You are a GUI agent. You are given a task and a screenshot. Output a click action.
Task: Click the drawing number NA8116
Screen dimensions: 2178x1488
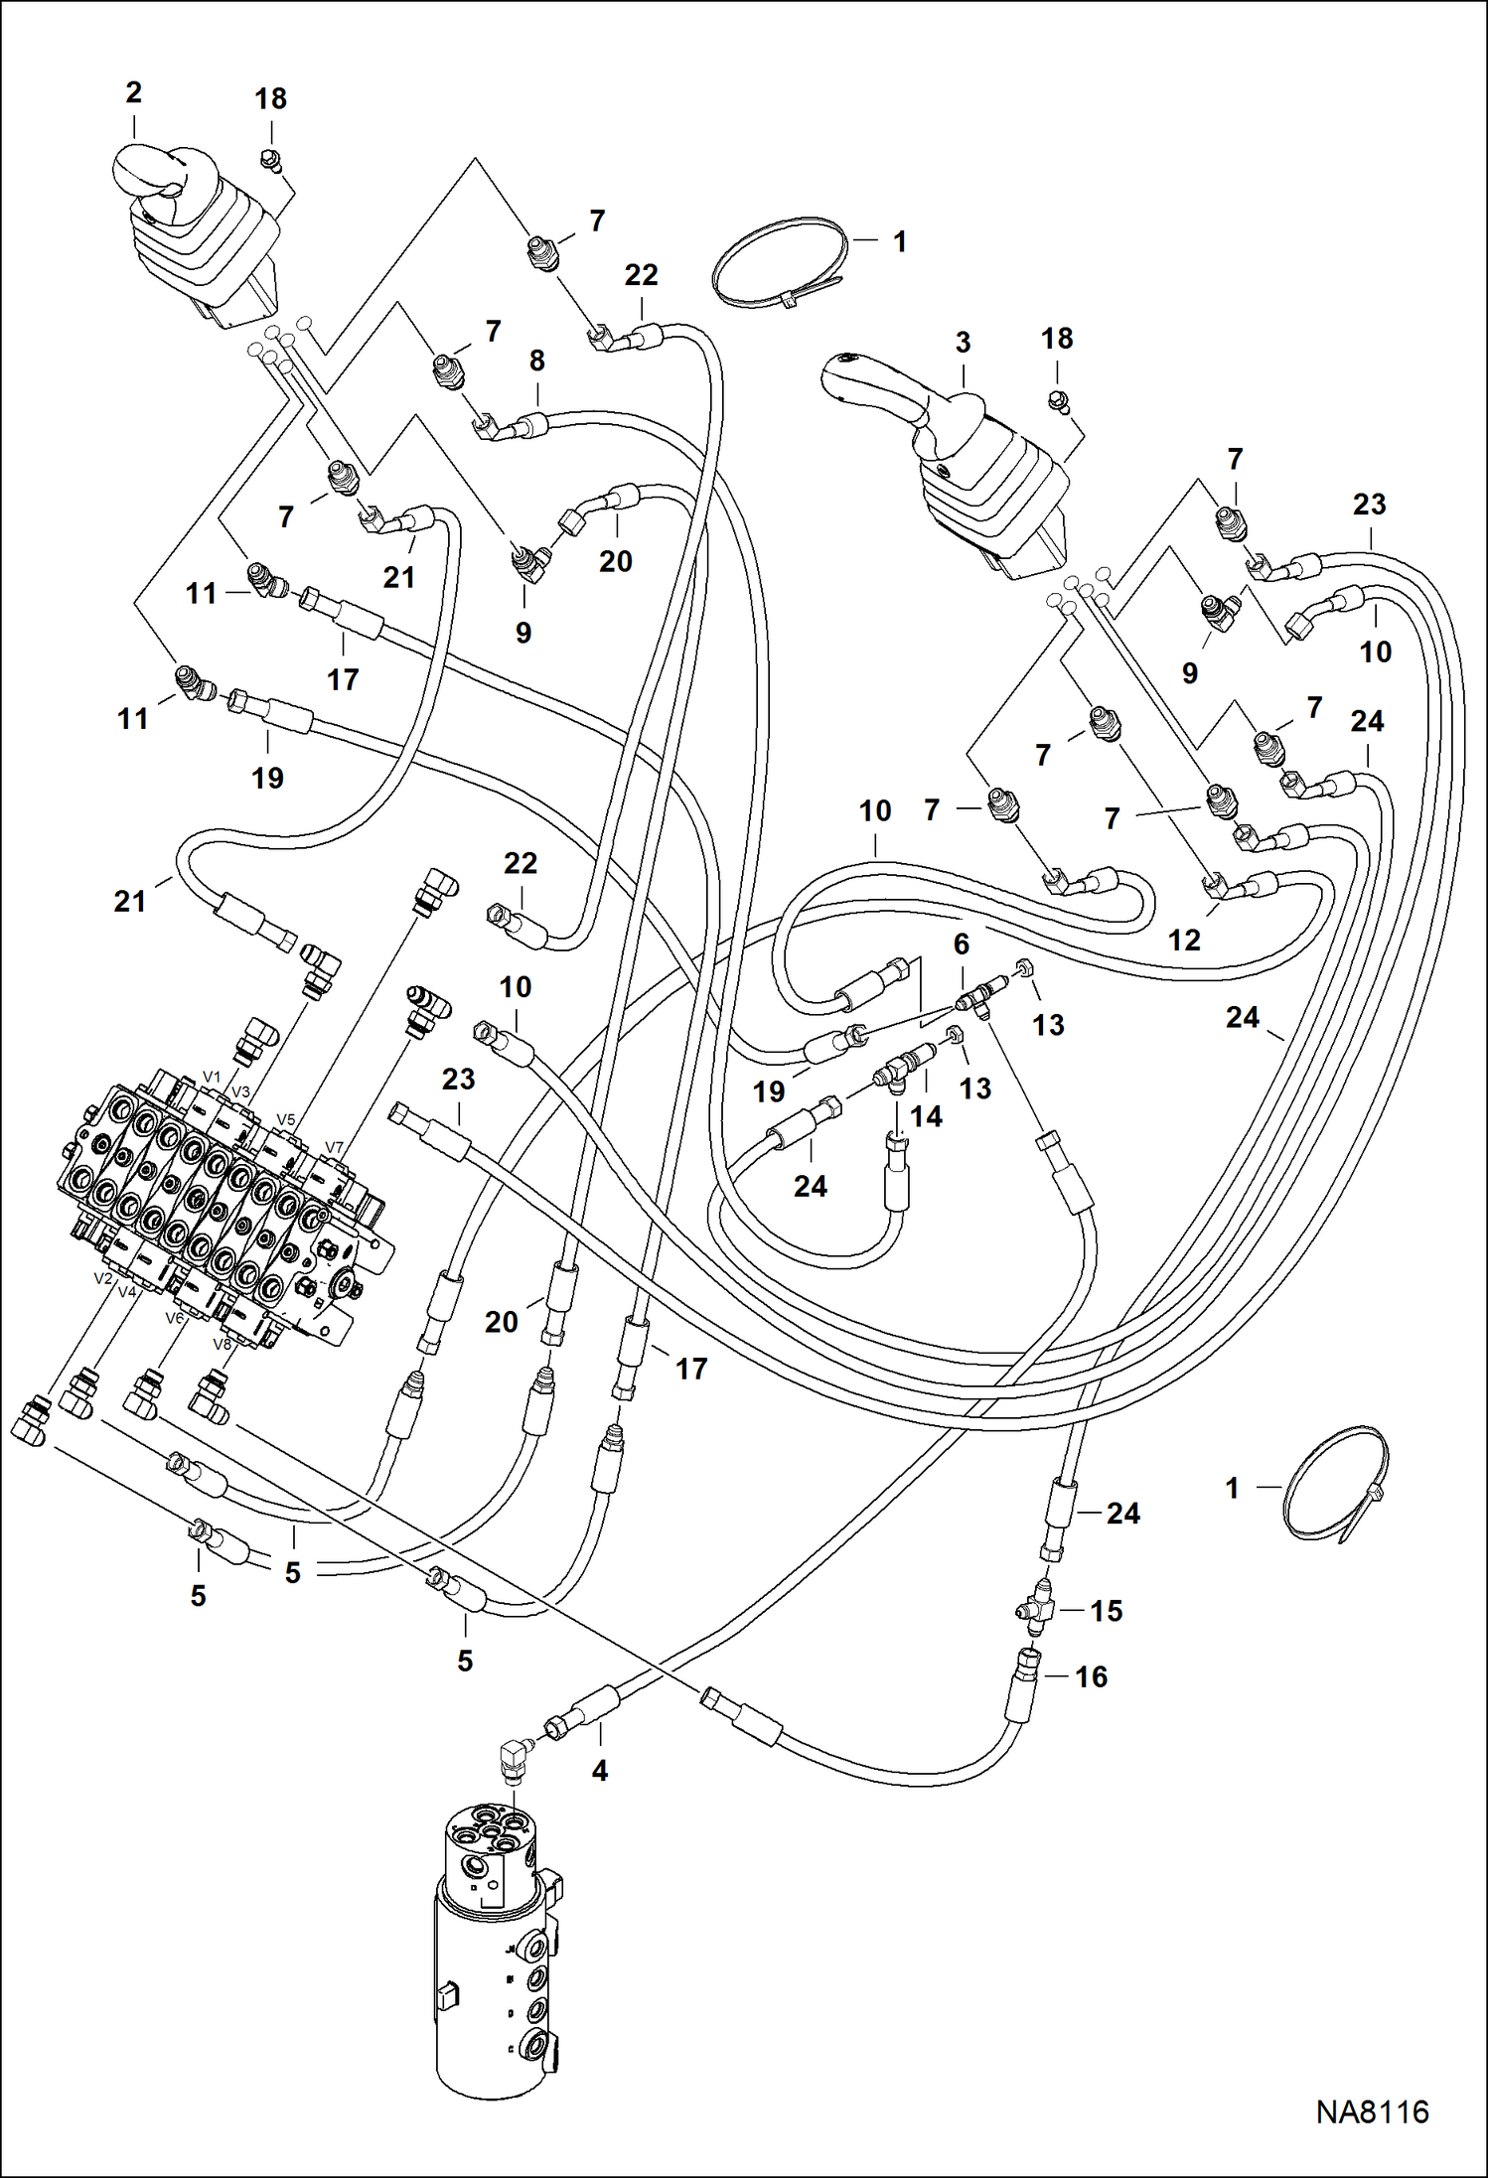tap(1372, 2111)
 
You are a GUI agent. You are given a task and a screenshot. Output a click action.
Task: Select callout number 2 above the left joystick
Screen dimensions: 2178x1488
tap(134, 93)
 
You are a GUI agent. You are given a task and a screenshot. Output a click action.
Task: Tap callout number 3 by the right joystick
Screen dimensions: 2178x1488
tap(963, 343)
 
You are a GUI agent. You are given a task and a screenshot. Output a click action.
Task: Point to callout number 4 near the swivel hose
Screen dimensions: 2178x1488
tap(600, 1771)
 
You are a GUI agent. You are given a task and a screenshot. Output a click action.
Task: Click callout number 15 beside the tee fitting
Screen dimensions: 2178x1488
tap(1107, 1611)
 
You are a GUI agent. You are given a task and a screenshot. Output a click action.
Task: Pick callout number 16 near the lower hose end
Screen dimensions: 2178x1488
tap(1091, 1677)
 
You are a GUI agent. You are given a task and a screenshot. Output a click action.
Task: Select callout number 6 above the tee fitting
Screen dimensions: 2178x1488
tap(961, 944)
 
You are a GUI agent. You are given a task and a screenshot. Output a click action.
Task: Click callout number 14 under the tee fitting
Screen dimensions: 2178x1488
tap(926, 1116)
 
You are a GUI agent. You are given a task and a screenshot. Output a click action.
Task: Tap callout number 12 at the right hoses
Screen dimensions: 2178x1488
tap(1184, 941)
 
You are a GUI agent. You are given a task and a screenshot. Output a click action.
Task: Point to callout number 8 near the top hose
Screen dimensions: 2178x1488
tap(537, 361)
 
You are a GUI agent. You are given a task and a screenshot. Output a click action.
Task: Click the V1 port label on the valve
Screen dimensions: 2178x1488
tap(212, 1077)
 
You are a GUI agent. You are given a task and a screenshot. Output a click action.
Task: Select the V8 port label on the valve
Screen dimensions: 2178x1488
tap(223, 1345)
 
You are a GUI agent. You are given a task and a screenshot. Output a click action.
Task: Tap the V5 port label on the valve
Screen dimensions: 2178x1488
tap(286, 1119)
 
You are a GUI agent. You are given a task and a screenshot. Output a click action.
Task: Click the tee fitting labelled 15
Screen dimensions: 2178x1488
tap(1035, 1611)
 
